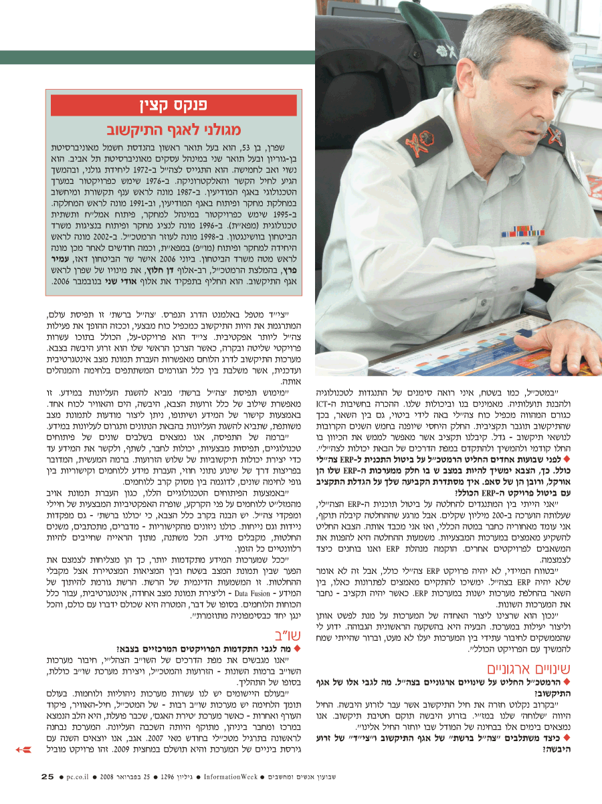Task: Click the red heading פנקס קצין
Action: (174, 105)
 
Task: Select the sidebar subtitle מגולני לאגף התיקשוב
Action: (174, 129)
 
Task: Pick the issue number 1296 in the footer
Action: (169, 777)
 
